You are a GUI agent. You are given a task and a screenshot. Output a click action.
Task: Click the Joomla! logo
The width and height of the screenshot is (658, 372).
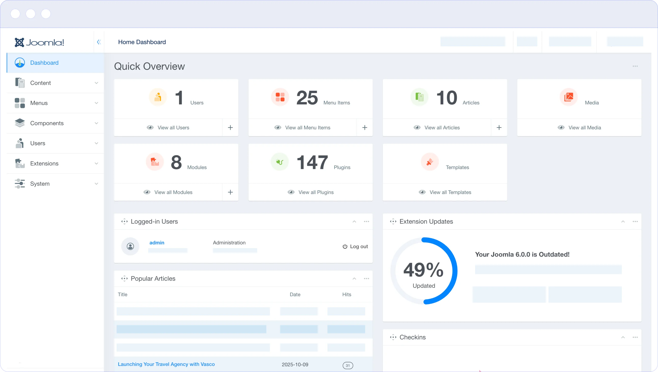pos(39,42)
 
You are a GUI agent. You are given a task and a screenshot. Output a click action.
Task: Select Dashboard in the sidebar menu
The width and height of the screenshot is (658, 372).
pos(44,63)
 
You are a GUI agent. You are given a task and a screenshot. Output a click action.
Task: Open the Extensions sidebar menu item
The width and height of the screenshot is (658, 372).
pos(44,163)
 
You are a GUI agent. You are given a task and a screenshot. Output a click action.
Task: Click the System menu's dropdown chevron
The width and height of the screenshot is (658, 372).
pos(96,183)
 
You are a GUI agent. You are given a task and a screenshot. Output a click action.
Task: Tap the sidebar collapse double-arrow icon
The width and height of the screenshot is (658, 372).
pos(99,42)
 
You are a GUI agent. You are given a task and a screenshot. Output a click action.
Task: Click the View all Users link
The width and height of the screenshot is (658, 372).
pos(173,128)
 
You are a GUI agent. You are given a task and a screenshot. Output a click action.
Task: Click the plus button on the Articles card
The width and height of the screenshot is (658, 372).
pos(499,128)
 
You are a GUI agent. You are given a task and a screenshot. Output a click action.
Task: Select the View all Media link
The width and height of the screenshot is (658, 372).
pos(584,128)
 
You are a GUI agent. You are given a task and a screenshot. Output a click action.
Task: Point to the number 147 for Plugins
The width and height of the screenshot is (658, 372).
pos(312,162)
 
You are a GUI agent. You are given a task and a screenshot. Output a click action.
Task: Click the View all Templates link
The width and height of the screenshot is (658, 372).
pos(450,192)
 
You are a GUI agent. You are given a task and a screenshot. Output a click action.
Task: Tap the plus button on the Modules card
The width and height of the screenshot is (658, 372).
pos(230,192)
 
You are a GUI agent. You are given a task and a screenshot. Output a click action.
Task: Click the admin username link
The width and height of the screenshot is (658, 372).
pos(157,243)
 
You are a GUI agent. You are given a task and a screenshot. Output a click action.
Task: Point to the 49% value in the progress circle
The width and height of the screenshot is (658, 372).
pos(423,270)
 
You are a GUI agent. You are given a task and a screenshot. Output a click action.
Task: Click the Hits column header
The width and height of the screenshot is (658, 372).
pos(347,295)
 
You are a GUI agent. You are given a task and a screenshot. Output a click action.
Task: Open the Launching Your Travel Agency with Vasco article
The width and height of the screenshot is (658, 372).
pos(166,364)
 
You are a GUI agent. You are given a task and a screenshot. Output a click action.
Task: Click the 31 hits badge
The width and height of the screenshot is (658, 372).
pos(348,365)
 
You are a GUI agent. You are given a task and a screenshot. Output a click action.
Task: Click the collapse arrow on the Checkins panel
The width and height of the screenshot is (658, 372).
pos(623,337)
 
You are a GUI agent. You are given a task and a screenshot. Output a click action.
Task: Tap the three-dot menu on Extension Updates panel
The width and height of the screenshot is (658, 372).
pos(635,221)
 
